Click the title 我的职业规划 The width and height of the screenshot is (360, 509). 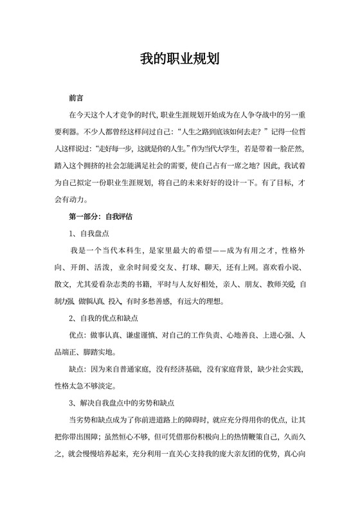click(180, 59)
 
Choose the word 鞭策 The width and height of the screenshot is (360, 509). click(269, 436)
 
